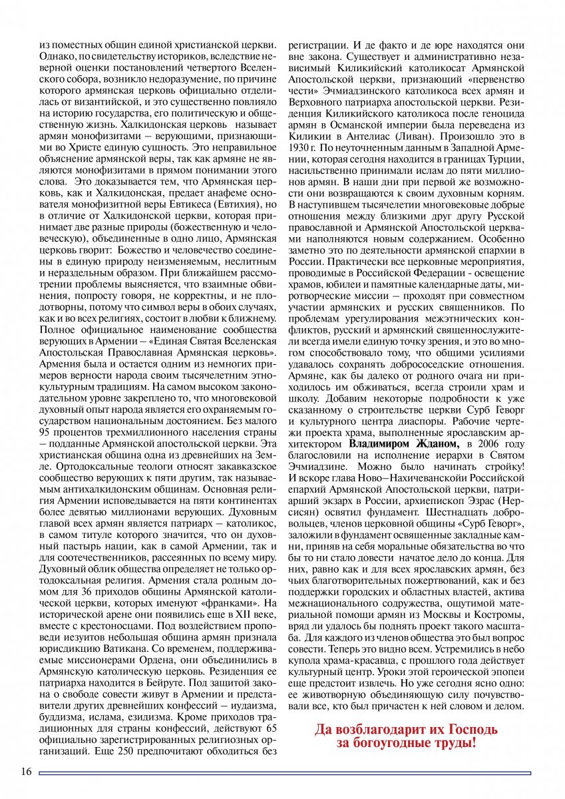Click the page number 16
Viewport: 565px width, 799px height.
(x=26, y=772)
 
